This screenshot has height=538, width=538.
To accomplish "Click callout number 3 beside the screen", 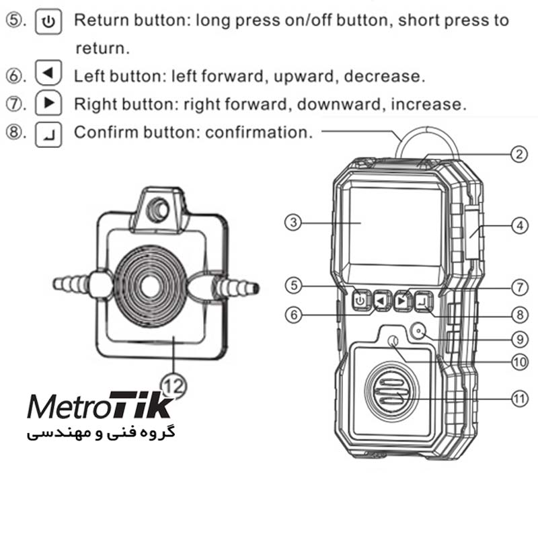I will click(291, 223).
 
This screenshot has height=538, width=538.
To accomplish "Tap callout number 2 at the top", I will click(517, 154).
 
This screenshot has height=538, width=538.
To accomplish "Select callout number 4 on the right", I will click(518, 226).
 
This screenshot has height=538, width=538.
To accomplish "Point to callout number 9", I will click(518, 338).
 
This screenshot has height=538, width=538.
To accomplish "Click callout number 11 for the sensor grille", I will click(518, 398).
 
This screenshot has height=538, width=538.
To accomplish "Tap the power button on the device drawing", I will click(361, 301).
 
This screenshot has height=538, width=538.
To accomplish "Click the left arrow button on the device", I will click(381, 301).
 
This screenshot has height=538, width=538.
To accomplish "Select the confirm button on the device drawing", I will click(422, 301).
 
